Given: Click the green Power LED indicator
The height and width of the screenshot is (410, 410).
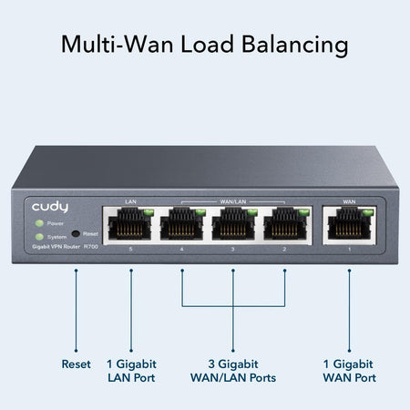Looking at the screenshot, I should pos(38,222).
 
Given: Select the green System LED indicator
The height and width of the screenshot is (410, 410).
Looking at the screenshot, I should pos(38,234).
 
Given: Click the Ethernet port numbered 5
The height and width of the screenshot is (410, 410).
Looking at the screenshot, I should pos(130,224).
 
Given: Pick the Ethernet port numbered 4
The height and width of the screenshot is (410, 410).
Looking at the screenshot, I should pos(182,224).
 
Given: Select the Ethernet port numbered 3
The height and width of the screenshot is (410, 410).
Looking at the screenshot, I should pos(233,224).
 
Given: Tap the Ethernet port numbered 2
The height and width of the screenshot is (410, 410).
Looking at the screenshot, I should pos(284,224).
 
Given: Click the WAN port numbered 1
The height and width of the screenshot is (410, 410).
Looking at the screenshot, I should pos(349,224).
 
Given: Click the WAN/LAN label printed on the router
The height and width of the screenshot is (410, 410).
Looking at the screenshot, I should pos(233,200).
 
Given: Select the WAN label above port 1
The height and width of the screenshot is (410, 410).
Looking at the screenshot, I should pos(349,200).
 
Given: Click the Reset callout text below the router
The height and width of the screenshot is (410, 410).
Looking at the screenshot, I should pos(76,364).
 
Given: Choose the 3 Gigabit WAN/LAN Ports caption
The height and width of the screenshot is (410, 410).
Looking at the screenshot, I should pos(233,371).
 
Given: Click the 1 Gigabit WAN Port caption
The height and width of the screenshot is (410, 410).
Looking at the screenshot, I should pos(349,371).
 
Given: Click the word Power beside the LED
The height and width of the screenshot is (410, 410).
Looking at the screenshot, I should pos(55,223).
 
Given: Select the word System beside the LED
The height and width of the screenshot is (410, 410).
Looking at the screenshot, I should pos(56,235).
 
